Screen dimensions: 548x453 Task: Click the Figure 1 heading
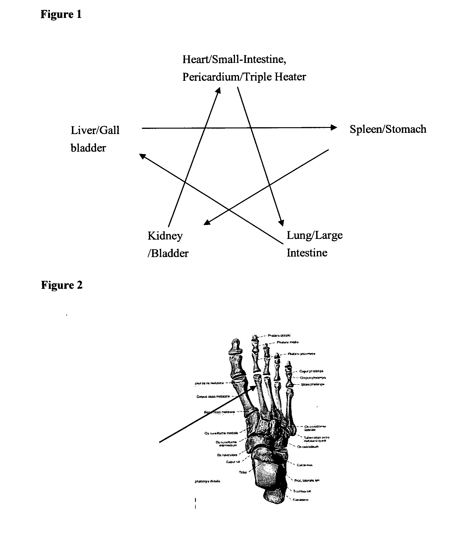pos(61,14)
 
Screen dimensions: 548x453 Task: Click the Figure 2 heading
pos(62,285)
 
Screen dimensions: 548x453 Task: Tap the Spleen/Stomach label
pos(388,129)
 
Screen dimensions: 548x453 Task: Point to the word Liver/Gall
pos(95,130)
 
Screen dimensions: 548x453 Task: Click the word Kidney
pos(165,236)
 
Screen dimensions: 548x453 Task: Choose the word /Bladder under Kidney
pos(168,253)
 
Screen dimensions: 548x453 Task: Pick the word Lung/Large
pos(315,235)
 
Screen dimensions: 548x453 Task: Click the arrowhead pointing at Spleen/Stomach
pos(334,127)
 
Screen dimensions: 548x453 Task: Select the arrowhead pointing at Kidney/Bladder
pos(207,222)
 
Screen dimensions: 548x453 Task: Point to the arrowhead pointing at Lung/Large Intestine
pos(281,223)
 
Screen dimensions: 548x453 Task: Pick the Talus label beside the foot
pos(243,472)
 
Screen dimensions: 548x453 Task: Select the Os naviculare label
pos(227,455)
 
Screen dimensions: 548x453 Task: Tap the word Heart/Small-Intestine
pos(234,59)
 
